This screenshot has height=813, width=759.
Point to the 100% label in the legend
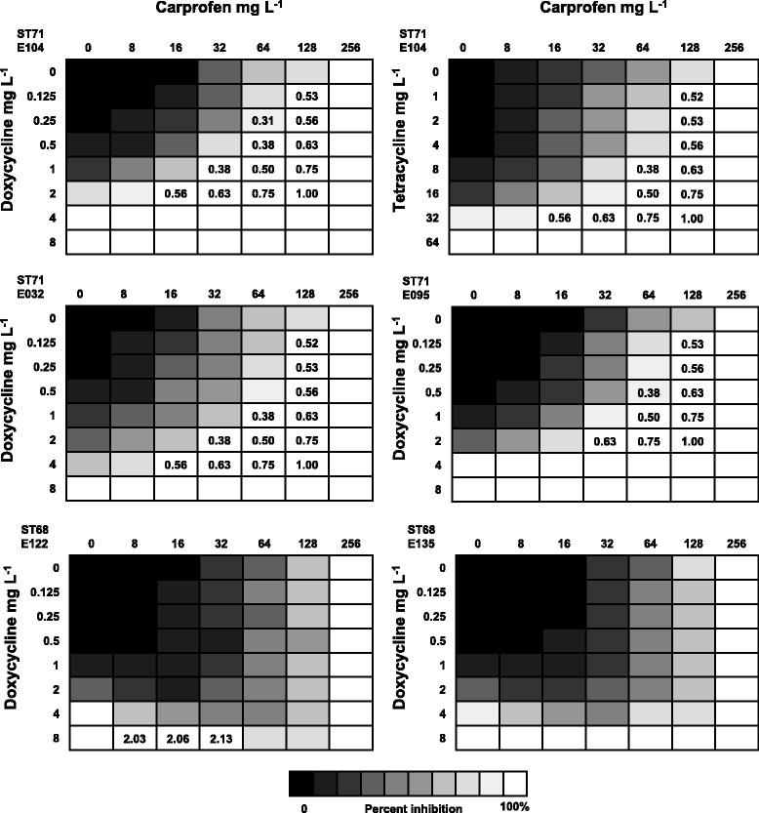(514, 807)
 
